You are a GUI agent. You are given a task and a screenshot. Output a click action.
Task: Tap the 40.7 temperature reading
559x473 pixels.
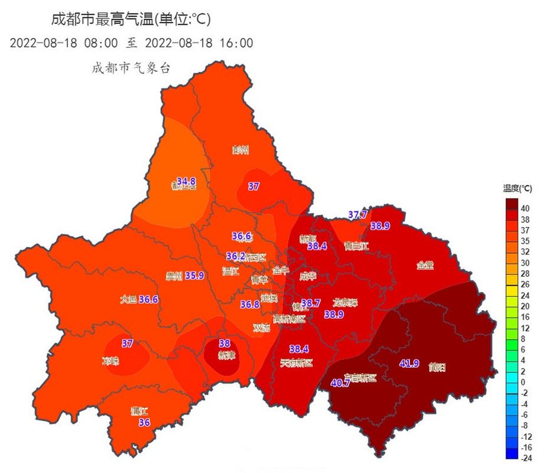(x=340, y=383)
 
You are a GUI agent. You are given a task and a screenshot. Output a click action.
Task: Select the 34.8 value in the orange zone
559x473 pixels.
(x=186, y=180)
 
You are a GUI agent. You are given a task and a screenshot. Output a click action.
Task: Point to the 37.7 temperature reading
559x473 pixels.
(x=357, y=215)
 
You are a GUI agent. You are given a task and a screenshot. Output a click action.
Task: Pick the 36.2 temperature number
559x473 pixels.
(x=236, y=257)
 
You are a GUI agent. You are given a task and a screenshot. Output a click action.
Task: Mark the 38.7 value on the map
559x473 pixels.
(x=311, y=303)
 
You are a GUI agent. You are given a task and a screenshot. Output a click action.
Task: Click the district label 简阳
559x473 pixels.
(x=437, y=367)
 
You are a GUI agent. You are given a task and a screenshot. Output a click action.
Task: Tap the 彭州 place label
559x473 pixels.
(x=240, y=150)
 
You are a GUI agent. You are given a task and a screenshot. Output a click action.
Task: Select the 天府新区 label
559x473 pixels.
(x=296, y=362)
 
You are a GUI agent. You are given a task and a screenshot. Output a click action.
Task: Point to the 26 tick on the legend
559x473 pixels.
(x=524, y=284)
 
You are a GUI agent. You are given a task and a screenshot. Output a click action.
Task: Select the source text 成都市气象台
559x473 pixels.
(x=131, y=68)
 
